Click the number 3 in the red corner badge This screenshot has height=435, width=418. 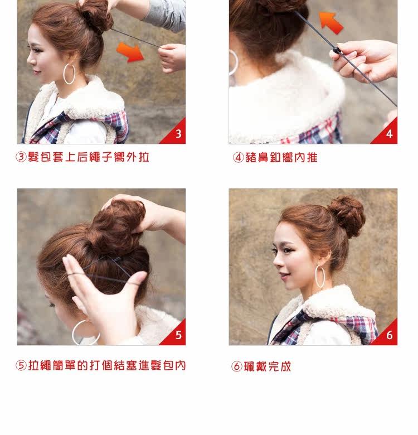coord(178,134)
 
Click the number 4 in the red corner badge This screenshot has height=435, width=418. coord(390,134)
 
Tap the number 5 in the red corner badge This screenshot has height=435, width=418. coord(178,335)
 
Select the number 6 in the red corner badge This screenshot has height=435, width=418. coord(390,335)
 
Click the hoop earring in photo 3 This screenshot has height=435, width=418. coord(69,74)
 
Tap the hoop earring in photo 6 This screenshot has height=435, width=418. coord(321,277)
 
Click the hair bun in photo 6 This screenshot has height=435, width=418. coord(346,216)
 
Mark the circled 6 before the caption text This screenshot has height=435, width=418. coord(237,367)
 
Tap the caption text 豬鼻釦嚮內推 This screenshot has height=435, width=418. coord(281,158)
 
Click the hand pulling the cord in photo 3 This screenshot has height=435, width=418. coord(172,57)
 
